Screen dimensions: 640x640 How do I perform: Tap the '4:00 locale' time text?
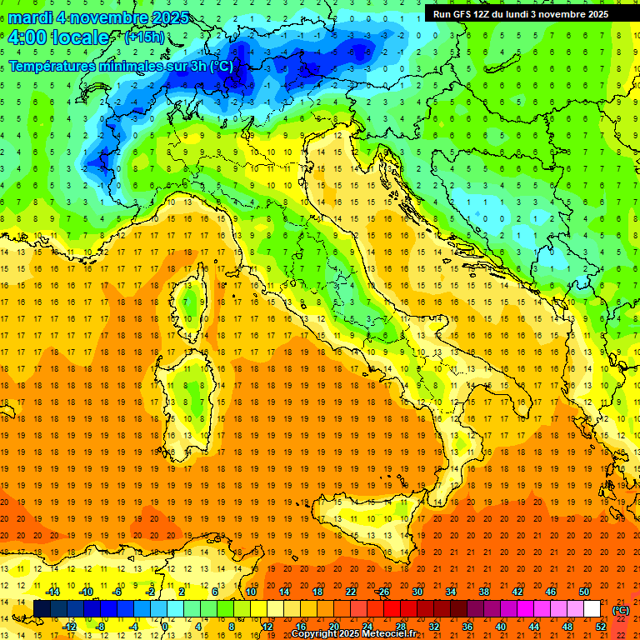click(x=57, y=37)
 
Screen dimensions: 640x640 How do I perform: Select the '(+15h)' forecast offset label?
click(x=144, y=37)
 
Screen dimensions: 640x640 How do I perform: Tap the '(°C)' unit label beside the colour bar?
click(x=620, y=610)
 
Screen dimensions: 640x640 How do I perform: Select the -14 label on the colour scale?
click(x=53, y=592)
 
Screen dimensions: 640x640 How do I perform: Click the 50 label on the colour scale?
click(x=583, y=592)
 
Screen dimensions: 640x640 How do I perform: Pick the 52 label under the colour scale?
click(x=600, y=627)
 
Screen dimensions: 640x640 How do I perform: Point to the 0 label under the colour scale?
click(x=164, y=627)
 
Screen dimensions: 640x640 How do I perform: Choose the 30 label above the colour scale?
click(x=417, y=592)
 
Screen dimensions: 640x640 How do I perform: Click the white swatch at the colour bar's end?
click(x=592, y=609)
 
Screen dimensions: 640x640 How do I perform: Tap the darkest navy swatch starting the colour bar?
click(x=42, y=609)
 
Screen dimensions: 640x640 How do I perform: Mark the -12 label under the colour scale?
click(x=70, y=627)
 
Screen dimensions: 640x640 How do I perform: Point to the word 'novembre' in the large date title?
click(x=113, y=17)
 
